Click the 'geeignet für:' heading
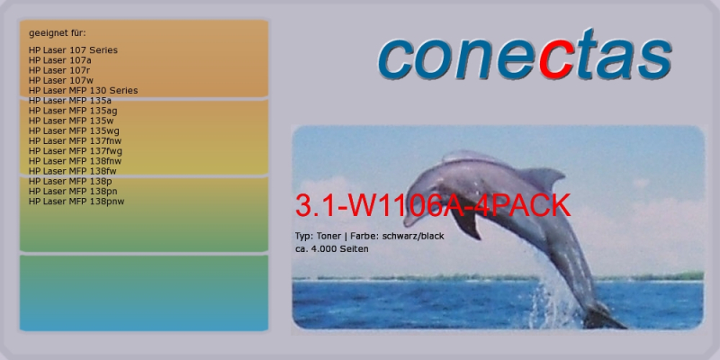(x=58, y=33)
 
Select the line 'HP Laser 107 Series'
(x=73, y=50)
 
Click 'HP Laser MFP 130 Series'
(x=83, y=91)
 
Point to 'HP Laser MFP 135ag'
(x=73, y=111)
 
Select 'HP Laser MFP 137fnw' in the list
(x=76, y=141)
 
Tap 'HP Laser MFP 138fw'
(x=73, y=171)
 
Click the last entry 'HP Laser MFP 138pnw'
(x=76, y=202)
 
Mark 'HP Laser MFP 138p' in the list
(x=70, y=182)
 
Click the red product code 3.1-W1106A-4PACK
(x=433, y=205)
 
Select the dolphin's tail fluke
(x=602, y=316)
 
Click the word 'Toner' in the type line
(x=328, y=237)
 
